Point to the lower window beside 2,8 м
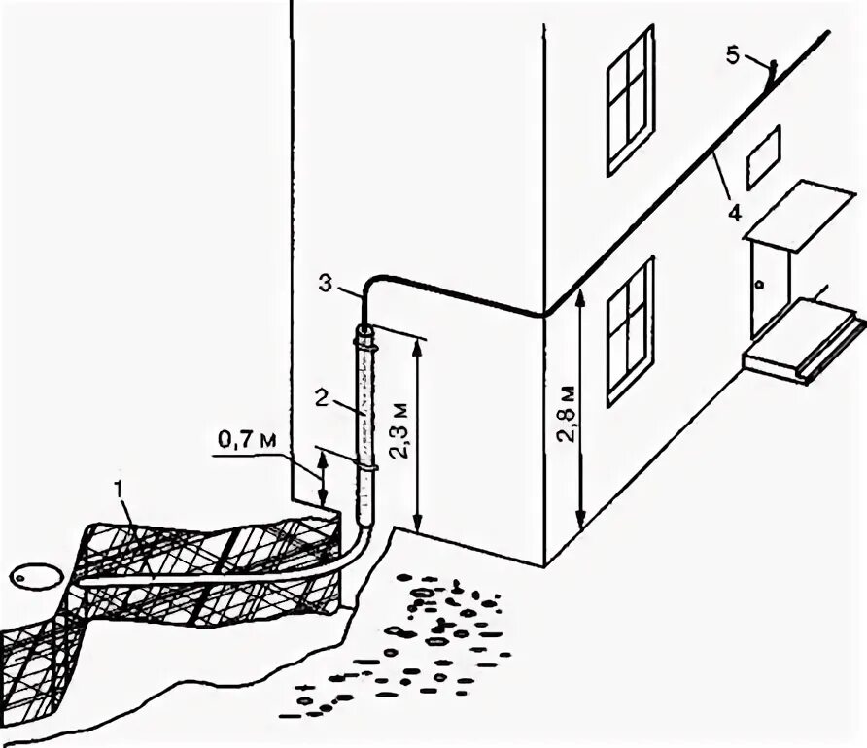pyautogui.click(x=630, y=331)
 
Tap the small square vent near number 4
pyautogui.click(x=763, y=156)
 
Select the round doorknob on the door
pyautogui.click(x=759, y=285)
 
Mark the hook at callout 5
pyautogui.click(x=771, y=70)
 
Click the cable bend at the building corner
pyautogui.click(x=540, y=312)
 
